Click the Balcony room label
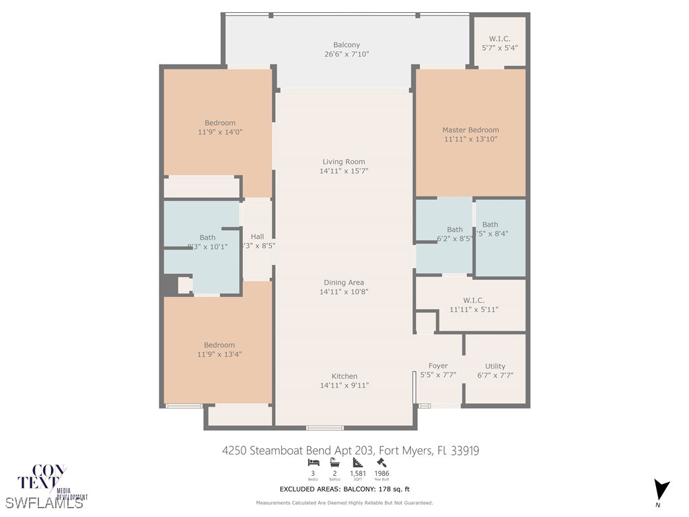(347, 45)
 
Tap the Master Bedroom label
(470, 130)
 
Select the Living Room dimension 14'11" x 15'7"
(344, 171)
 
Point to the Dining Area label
(344, 283)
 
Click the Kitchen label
(344, 376)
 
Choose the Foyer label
(438, 366)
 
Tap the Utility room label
(495, 367)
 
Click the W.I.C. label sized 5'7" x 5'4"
(499, 39)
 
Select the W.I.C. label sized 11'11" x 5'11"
(474, 300)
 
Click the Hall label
(257, 237)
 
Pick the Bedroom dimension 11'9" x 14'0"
(220, 133)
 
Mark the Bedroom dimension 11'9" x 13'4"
(220, 355)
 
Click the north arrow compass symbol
(661, 489)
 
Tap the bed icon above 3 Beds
(313, 462)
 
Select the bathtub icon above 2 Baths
(335, 462)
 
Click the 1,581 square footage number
(358, 473)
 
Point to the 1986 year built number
(382, 473)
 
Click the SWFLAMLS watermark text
(44, 502)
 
